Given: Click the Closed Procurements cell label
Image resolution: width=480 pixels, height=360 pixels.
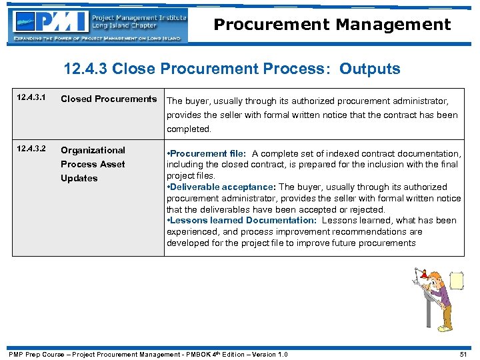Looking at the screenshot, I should click(109, 99).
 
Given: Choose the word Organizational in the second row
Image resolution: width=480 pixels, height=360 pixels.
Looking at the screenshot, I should click(93, 150).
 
